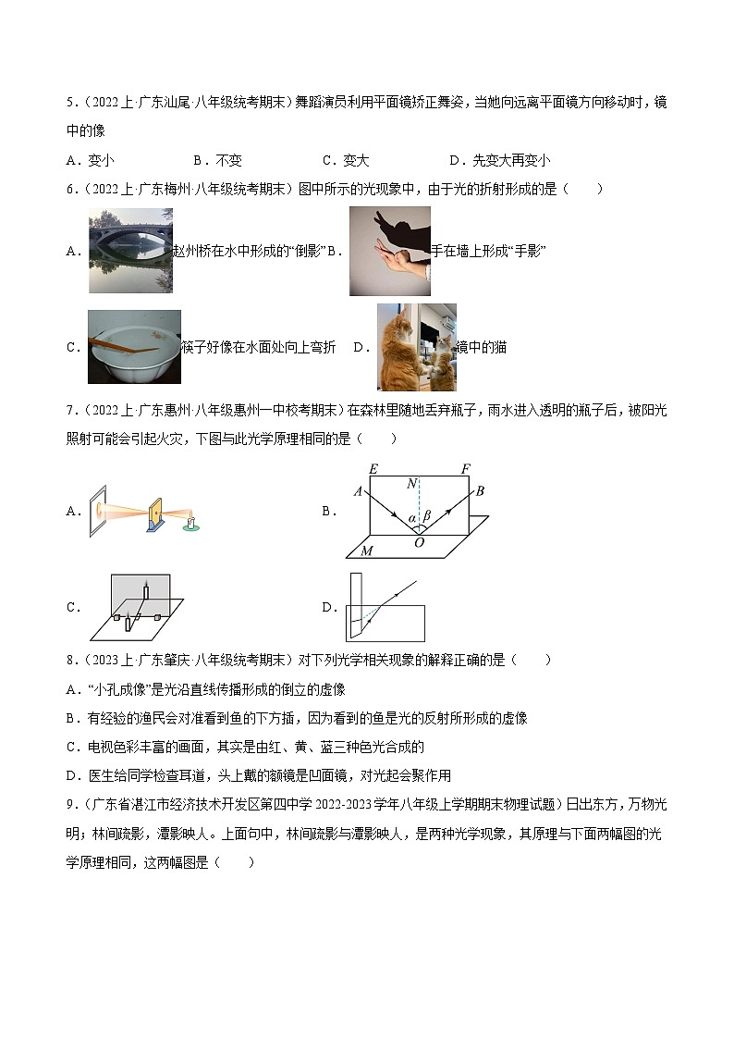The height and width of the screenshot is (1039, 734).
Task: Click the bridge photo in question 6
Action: pos(129,250)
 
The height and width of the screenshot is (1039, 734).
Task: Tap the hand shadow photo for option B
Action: pos(389,251)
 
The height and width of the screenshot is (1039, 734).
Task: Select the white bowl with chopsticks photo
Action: pos(135,346)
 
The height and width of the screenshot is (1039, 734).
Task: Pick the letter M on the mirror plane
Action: pos(366,551)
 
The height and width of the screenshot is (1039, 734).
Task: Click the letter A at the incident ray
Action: pos(358,491)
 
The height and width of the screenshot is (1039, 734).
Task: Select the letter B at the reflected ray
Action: pos(480,490)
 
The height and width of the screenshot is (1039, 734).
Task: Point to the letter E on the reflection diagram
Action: pos(372,469)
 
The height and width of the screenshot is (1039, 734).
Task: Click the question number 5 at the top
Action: pos(70,103)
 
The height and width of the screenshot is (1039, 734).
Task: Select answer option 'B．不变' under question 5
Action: pos(218,160)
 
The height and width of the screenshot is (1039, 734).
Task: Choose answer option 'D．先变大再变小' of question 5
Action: pos(500,160)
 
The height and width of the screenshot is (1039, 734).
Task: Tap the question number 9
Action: pos(70,805)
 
